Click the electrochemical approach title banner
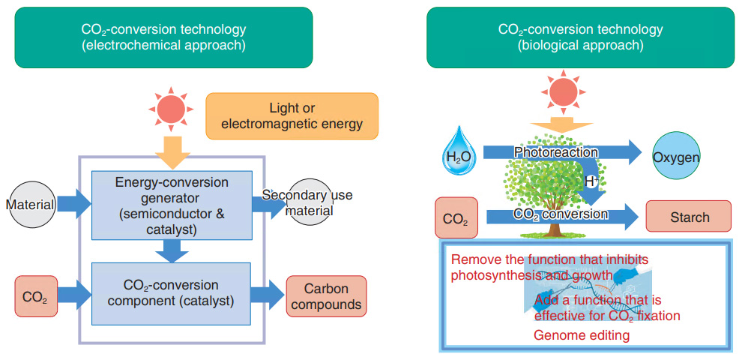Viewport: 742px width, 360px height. pyautogui.click(x=163, y=37)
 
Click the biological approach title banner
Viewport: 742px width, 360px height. pyautogui.click(x=580, y=37)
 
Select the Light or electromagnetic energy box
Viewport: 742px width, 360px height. pyautogui.click(x=292, y=116)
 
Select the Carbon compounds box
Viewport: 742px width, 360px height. pyautogui.click(x=326, y=296)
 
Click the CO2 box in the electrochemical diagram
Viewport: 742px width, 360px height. pyautogui.click(x=35, y=296)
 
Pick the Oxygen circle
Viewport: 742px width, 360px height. pyautogui.click(x=676, y=157)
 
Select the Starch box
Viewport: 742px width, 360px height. pyautogui.click(x=688, y=217)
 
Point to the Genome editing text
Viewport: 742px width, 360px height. pyautogui.click(x=581, y=335)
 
